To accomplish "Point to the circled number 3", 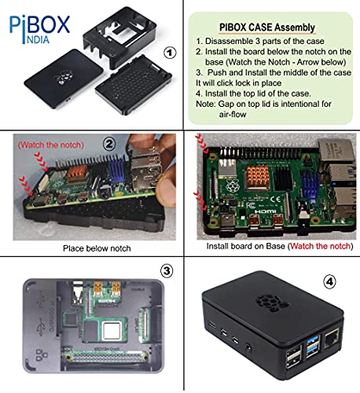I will (x=166, y=270).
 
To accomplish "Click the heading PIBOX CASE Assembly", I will (x=271, y=28).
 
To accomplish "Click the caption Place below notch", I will (x=90, y=245).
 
